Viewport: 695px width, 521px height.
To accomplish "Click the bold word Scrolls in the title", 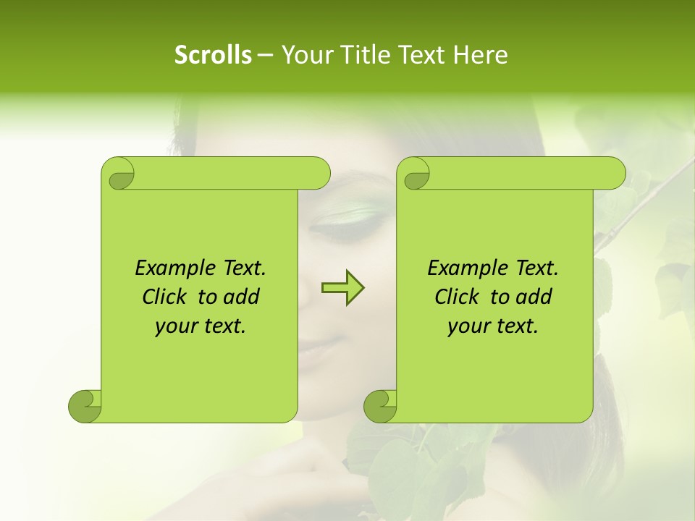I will point(214,54).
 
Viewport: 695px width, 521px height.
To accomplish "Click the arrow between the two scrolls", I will point(342,288).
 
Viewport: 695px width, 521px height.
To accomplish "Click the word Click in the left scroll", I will point(167,297).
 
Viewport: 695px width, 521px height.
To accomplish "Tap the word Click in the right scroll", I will point(459,297).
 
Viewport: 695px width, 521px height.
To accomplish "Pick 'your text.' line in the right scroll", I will point(493,326).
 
